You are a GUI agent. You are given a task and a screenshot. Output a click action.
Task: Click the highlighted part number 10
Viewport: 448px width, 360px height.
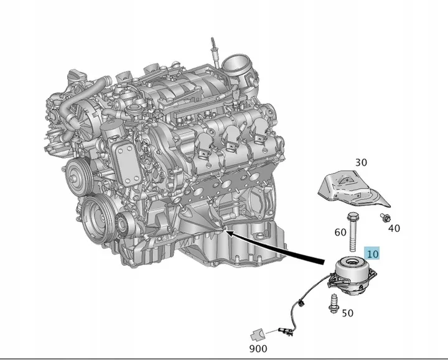tap(372, 253)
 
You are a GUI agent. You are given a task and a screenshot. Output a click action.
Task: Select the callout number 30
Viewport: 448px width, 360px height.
tap(361, 162)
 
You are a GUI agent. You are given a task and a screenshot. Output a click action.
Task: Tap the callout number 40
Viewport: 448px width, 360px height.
tap(394, 228)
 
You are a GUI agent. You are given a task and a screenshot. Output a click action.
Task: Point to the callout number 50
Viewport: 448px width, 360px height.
tap(347, 313)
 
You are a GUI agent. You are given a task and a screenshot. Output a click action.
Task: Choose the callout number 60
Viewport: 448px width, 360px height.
tap(340, 233)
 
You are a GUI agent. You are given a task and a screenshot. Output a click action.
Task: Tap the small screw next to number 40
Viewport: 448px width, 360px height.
tap(385, 218)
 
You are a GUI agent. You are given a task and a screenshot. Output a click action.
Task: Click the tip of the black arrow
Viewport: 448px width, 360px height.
tap(226, 233)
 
